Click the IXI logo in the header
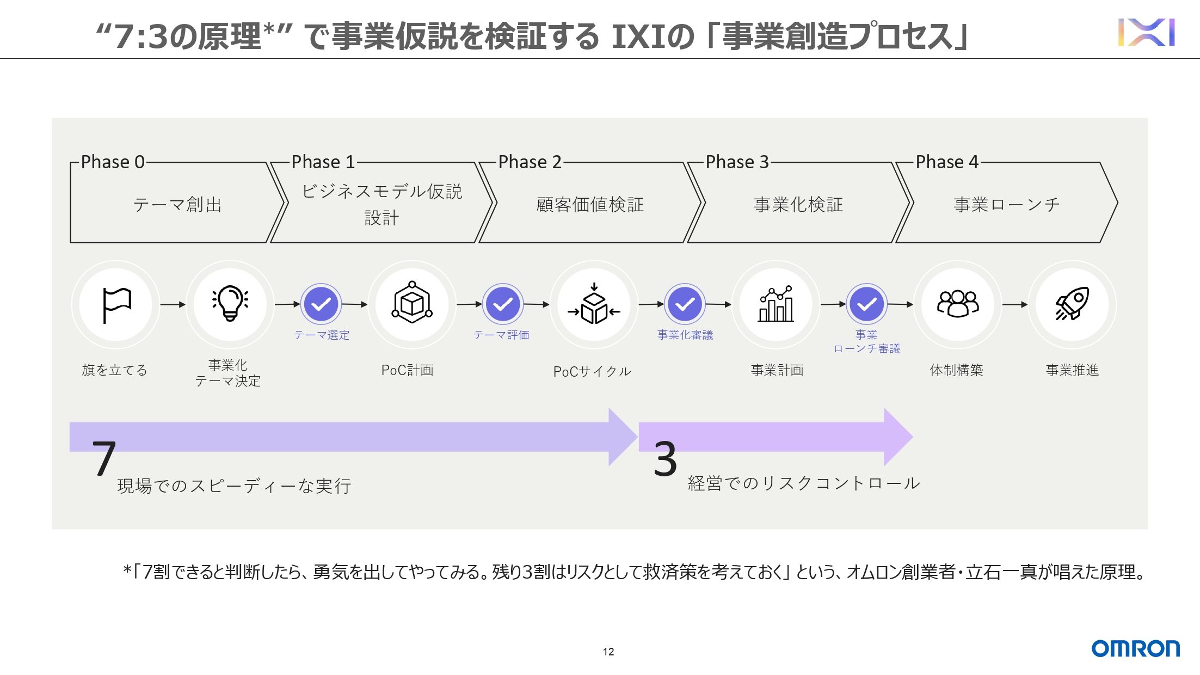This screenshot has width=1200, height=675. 1146,33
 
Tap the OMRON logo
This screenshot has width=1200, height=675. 1135,648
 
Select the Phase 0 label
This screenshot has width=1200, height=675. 113,162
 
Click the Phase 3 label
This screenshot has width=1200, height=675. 737,162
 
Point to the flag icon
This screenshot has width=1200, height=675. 116,305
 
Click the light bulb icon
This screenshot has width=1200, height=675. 230,303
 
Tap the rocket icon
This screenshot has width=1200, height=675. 1072,304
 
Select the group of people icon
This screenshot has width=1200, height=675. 957,303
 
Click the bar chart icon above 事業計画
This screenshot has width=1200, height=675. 776,304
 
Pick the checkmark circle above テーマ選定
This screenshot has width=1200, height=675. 321,304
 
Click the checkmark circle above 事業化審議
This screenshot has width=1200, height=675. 685,304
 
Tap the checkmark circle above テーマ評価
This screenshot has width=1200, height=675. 502,304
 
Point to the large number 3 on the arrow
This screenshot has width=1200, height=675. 665,459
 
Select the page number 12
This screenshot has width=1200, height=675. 608,652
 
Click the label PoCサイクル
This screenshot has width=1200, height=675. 592,371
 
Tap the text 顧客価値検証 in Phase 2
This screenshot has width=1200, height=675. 590,205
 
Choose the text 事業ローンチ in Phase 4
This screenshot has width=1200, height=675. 1007,205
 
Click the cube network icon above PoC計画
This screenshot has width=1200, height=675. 412,303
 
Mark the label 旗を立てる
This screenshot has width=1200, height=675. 114,370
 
